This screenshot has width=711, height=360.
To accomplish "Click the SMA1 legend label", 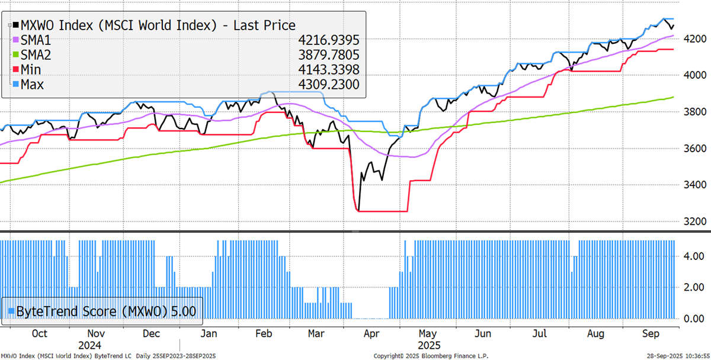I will [37, 40].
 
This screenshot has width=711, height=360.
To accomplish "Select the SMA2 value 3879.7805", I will [328, 54].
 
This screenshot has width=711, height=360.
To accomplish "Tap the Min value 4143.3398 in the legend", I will [328, 70].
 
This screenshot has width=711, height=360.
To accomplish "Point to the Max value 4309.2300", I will [328, 85].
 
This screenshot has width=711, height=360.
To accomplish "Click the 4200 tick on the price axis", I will [694, 39].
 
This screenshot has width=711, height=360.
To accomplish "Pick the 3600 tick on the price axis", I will [694, 149].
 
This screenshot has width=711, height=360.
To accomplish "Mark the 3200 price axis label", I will [694, 221].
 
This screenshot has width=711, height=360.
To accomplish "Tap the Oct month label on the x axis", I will [39, 333].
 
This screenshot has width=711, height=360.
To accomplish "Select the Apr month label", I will [371, 333].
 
